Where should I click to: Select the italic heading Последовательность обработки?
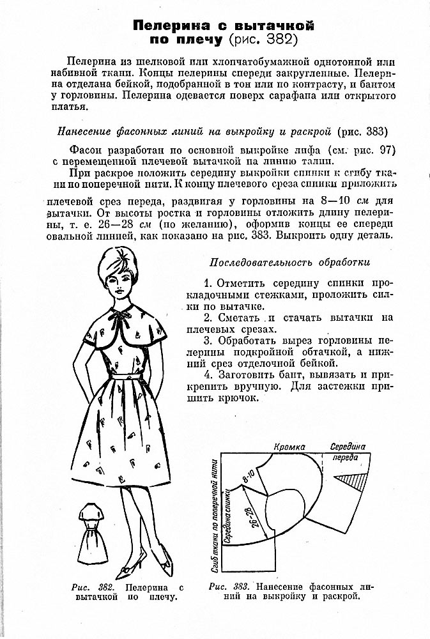289,263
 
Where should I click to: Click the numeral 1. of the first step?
208,282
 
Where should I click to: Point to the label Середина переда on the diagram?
349,452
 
